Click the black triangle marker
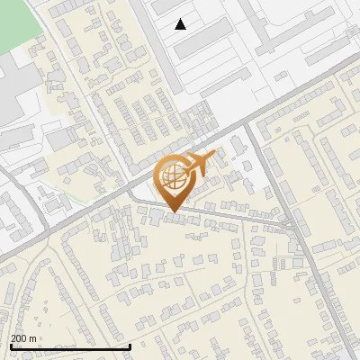pos(181,24)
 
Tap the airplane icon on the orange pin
pos(201,164)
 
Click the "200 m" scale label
pos(23,338)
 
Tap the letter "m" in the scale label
pos(32,338)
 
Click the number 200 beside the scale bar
pos(19,338)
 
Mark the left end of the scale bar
pos(10,346)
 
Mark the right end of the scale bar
pos(130,346)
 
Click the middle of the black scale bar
pos(70,346)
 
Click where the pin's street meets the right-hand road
pos(291,225)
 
